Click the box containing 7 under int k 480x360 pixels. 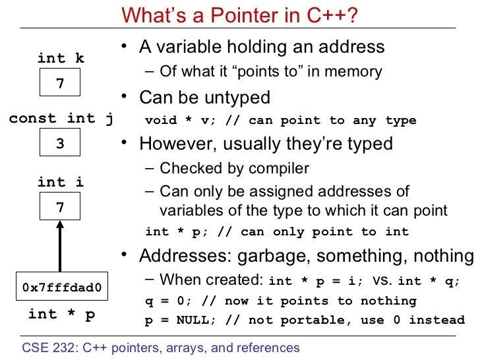(60, 84)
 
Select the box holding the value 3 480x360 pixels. (60, 143)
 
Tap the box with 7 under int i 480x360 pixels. (60, 208)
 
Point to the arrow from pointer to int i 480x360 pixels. (60, 247)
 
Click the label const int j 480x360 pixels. (61, 119)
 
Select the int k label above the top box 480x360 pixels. (61, 58)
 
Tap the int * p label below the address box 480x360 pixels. (61, 314)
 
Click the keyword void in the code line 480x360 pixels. (160, 120)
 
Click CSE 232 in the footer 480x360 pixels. (47, 347)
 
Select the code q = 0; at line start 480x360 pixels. (165, 301)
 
